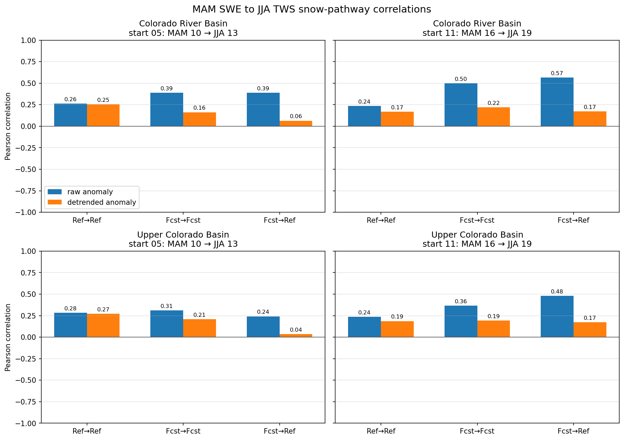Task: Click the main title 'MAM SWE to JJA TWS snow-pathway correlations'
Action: [x=311, y=9]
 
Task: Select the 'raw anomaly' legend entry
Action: [x=80, y=192]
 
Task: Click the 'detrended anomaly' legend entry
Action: [x=92, y=202]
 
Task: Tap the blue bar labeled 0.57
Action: [x=557, y=102]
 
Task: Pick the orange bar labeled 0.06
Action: [x=296, y=124]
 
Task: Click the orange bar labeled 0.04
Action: [x=296, y=335]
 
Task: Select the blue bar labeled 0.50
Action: [x=461, y=105]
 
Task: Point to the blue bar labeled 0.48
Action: [x=557, y=316]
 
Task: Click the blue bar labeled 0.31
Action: [x=167, y=324]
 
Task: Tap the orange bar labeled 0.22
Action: [x=494, y=117]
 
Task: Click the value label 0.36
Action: [x=461, y=301]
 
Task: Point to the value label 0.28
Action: [x=70, y=308]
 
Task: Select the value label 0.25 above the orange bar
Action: [x=103, y=100]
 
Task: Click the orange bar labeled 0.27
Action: [x=103, y=326]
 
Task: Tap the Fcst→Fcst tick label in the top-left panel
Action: [x=183, y=220]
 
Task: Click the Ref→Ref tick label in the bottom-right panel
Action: [x=381, y=431]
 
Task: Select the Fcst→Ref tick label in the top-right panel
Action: [x=574, y=220]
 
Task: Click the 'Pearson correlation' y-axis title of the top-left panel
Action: [x=8, y=126]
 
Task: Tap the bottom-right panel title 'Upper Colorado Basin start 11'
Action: [x=477, y=239]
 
